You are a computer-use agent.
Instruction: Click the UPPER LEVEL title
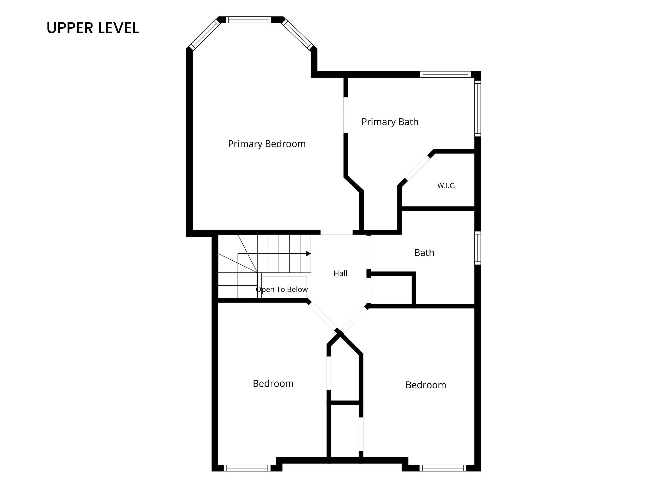point(92,28)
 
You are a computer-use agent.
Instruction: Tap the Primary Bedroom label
point(267,144)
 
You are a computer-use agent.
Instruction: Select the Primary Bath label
point(390,122)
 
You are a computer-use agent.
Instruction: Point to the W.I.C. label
point(446,186)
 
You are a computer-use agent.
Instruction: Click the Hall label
point(341,273)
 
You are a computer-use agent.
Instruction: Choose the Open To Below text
point(282,289)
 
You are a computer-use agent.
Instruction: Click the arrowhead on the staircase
point(308,253)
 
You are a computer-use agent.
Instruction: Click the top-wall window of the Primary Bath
point(445,74)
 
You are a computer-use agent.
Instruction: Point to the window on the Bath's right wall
point(478,248)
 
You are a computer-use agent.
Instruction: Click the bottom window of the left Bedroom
point(247,468)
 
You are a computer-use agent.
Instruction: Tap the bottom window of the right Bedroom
point(443,468)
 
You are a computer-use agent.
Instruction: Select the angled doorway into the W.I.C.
point(417,167)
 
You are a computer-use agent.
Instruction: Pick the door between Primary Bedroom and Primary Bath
point(346,115)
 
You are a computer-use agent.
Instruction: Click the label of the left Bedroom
point(273,384)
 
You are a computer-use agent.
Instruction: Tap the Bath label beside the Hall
point(424,253)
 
